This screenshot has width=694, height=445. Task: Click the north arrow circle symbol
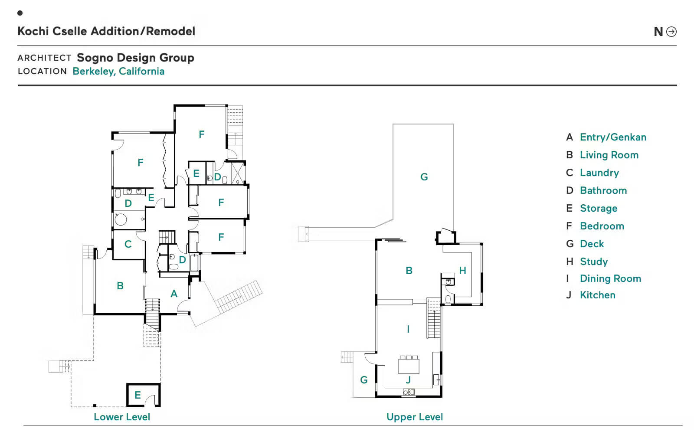[671, 32]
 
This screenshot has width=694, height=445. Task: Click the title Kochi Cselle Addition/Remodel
[106, 31]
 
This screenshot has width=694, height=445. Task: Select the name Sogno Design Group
[135, 58]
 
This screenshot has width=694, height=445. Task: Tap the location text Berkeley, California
[118, 72]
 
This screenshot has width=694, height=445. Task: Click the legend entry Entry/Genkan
[612, 137]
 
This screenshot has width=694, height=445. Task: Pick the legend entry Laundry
[599, 173]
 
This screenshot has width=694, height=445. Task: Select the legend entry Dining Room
[610, 279]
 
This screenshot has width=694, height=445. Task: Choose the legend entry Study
[593, 262]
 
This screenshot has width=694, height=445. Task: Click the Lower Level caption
[122, 417]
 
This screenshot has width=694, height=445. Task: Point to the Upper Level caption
[415, 417]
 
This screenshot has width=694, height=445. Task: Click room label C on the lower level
[128, 244]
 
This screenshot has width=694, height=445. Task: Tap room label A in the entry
[174, 294]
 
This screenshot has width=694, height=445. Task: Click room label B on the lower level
[120, 286]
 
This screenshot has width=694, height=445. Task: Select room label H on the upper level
[463, 271]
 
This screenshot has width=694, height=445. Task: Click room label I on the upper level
[408, 329]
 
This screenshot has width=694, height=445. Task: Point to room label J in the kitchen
[408, 380]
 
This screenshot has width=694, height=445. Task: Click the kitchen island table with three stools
[409, 365]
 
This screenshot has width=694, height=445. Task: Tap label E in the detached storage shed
[138, 395]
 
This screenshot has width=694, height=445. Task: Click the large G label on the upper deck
[424, 177]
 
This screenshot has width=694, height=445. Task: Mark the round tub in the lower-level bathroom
[121, 219]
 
